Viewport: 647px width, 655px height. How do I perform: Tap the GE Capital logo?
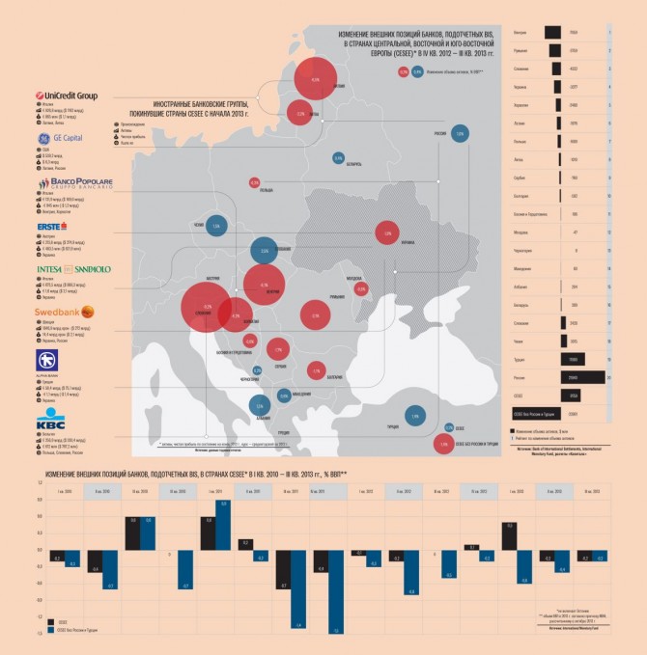[x=60, y=139]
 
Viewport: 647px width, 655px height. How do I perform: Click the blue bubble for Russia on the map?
[x=461, y=133]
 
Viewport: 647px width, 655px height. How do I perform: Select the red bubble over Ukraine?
[x=386, y=233]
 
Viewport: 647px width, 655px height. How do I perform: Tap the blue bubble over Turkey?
[x=415, y=416]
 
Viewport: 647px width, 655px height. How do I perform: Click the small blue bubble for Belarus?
[x=338, y=158]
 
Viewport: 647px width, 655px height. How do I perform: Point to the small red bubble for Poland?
[x=255, y=181]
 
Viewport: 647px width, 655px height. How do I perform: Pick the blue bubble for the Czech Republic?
[x=215, y=225]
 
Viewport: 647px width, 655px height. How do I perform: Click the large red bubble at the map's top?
[x=315, y=80]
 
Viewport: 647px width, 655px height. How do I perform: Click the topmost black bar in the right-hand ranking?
[x=553, y=32]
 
